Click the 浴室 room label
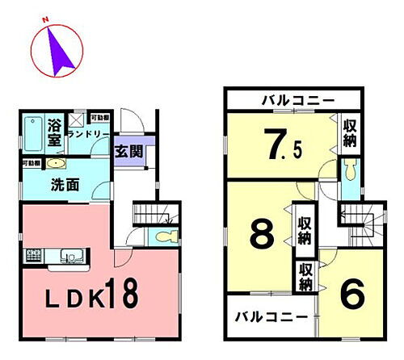[x=55, y=133]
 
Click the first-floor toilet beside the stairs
[x=165, y=237]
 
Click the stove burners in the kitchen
[x=37, y=257]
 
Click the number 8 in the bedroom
[x=261, y=234]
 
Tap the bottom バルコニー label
[x=271, y=317]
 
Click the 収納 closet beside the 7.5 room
[x=349, y=134]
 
